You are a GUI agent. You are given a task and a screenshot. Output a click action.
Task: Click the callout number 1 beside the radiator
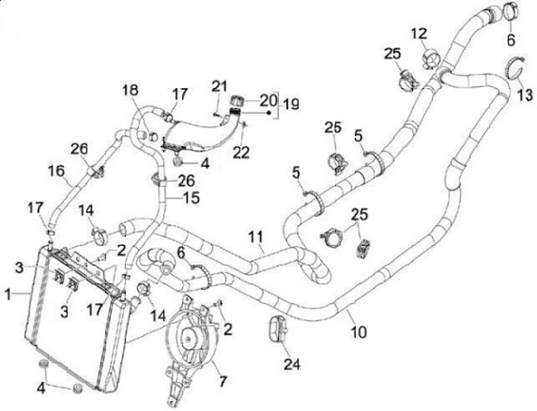click(7, 295)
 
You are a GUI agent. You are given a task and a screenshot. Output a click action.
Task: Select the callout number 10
click(358, 330)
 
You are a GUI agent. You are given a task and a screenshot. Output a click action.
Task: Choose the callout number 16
click(56, 172)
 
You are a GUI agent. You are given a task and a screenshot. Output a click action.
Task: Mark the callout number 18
click(131, 90)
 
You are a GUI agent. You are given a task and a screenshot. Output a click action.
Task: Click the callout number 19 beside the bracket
click(291, 105)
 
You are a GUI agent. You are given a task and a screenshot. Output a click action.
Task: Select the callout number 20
click(268, 99)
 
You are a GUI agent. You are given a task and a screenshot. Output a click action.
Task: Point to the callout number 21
click(218, 87)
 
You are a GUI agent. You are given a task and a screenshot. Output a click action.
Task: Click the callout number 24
click(292, 364)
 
